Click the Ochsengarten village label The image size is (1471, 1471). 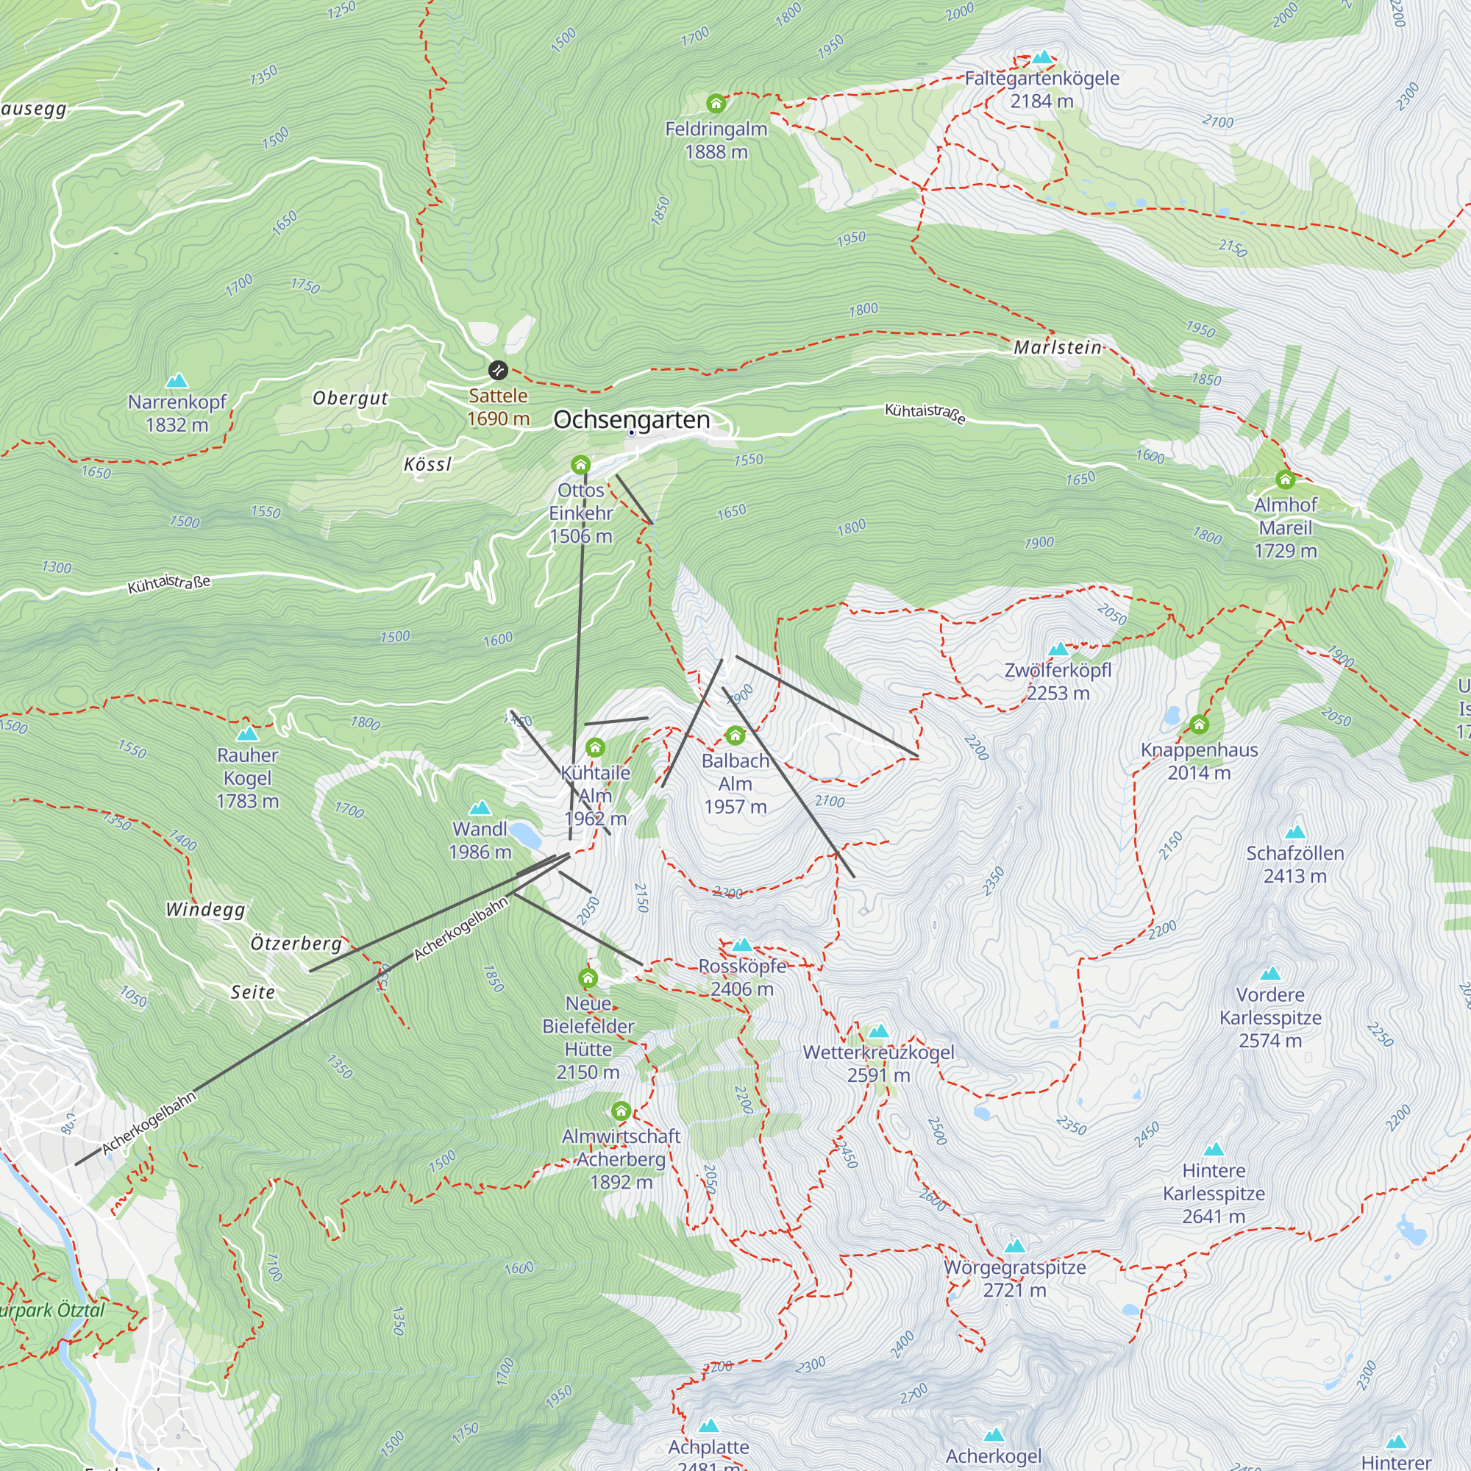click(x=631, y=419)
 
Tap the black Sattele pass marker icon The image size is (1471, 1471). click(x=497, y=370)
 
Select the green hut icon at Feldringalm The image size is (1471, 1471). click(x=716, y=103)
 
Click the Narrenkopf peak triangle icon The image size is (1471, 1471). click(x=177, y=380)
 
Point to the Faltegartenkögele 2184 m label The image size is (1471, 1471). click(x=1041, y=89)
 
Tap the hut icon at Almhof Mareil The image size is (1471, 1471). click(x=1285, y=479)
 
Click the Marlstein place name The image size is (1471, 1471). click(x=1058, y=347)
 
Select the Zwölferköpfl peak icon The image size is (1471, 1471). click(x=1058, y=649)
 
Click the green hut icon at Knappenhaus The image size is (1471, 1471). click(x=1199, y=724)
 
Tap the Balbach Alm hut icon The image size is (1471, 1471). click(x=735, y=735)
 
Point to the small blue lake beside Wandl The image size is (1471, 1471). click(x=524, y=836)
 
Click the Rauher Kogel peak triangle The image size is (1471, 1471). click(x=247, y=734)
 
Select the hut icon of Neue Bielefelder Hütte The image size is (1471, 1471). click(x=588, y=977)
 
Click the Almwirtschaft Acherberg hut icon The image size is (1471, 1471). click(x=621, y=1111)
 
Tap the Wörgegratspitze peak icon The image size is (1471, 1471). click(x=1015, y=1247)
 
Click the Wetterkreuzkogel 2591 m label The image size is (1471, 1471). click(x=879, y=1063)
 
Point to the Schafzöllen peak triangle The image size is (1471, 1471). click(x=1295, y=831)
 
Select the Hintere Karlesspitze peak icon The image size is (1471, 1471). click(x=1214, y=1149)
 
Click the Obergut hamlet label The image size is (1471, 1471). click(x=350, y=398)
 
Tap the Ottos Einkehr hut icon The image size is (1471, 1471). click(x=580, y=464)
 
